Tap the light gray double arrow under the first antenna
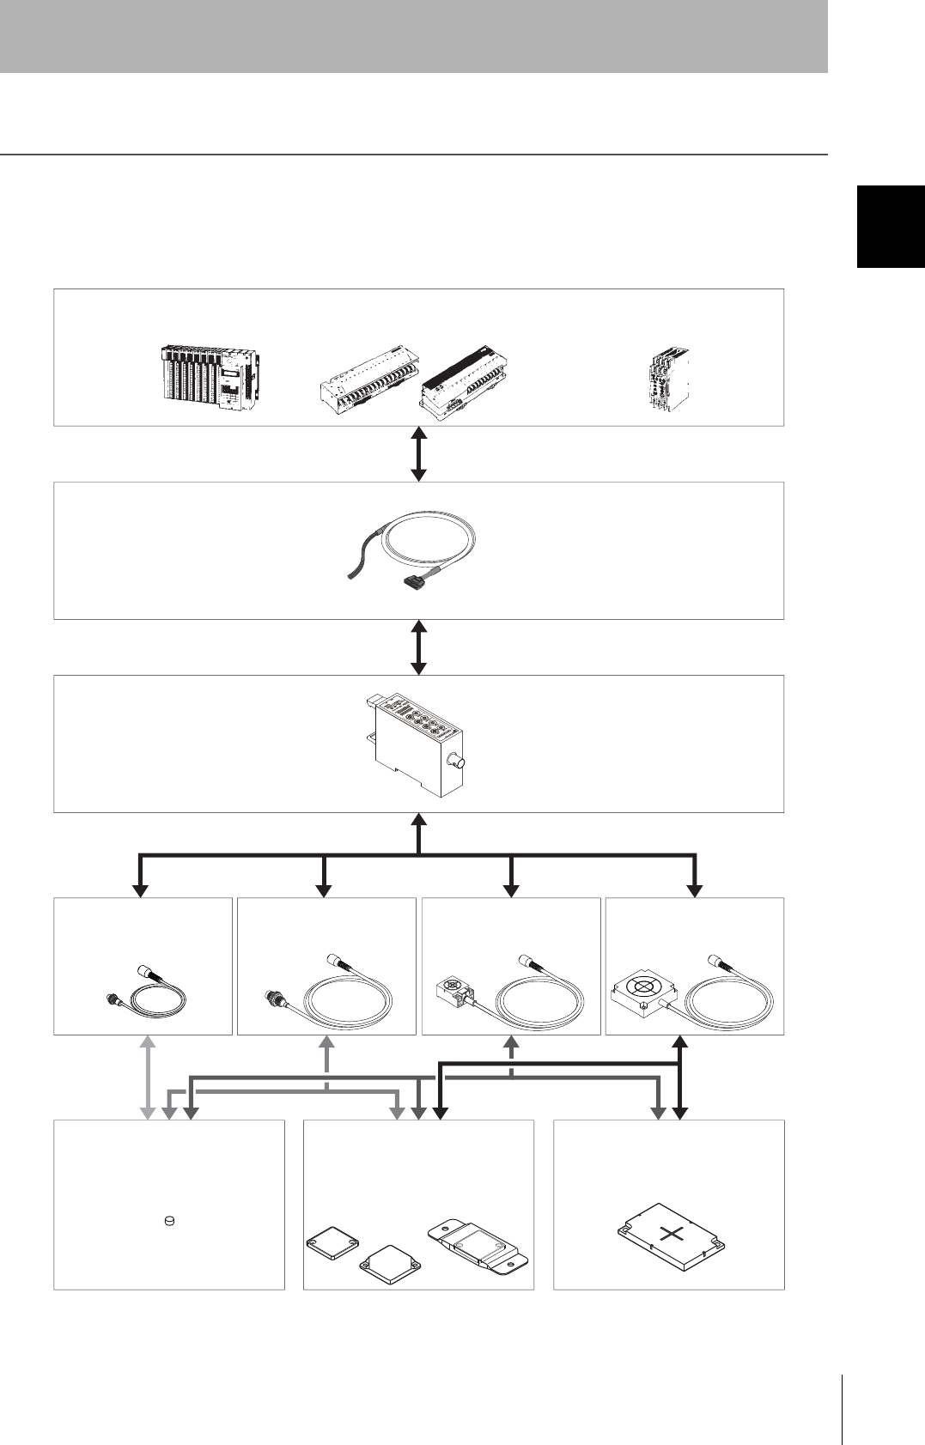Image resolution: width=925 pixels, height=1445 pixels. click(148, 1078)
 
